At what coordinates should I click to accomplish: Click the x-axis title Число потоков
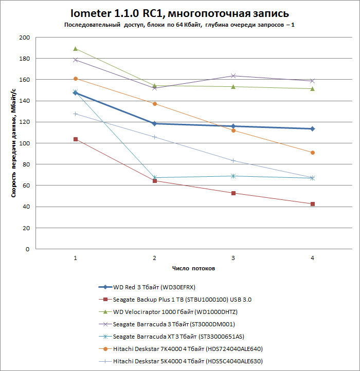click(194, 268)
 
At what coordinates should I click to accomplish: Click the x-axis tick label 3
click(233, 257)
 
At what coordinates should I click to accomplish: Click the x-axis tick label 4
click(312, 257)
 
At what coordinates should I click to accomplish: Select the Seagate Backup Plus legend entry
click(182, 299)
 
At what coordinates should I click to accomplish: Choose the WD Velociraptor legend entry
click(175, 311)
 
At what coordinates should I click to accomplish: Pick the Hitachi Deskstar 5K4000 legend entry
click(188, 361)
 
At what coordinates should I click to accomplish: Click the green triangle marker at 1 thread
click(76, 49)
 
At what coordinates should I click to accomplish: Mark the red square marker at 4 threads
click(312, 204)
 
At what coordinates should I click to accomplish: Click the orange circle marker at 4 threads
click(312, 153)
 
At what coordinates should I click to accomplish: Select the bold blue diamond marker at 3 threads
click(233, 126)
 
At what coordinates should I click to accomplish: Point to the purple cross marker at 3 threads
click(233, 76)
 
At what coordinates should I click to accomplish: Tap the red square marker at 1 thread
click(76, 139)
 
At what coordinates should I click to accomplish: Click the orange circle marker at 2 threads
click(155, 104)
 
